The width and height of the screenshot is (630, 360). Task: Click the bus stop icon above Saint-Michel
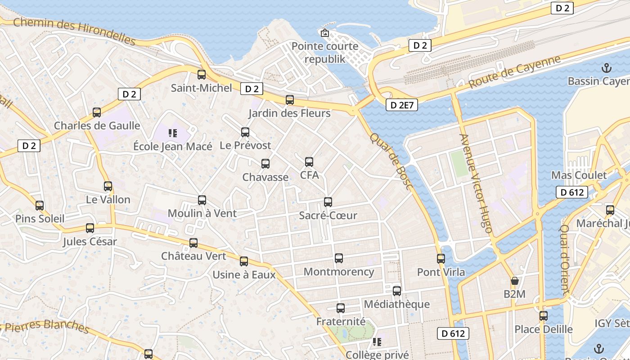click(x=201, y=75)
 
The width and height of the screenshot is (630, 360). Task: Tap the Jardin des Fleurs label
click(x=289, y=113)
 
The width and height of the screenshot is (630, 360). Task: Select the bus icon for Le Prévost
click(x=245, y=132)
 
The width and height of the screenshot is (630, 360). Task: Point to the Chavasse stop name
click(x=265, y=177)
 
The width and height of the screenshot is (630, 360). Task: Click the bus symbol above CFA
click(x=309, y=162)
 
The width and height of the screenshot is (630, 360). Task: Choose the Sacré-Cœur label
click(x=328, y=216)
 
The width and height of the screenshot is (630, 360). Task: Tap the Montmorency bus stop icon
click(x=338, y=258)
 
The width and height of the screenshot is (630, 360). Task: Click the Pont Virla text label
click(x=441, y=272)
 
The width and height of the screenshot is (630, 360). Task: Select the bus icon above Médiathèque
click(x=396, y=291)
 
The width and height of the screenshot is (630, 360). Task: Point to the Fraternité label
click(x=341, y=322)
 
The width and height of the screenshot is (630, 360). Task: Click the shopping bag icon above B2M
click(x=515, y=281)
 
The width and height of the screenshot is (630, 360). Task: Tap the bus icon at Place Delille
click(x=544, y=316)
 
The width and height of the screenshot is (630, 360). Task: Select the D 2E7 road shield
click(x=402, y=105)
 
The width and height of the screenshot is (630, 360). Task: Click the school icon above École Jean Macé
click(x=173, y=133)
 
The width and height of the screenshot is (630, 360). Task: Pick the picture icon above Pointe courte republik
click(x=324, y=33)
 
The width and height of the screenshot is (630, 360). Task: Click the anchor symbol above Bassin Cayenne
click(x=607, y=68)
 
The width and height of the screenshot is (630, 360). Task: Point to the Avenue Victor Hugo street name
click(x=476, y=183)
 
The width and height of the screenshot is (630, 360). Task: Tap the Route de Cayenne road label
click(x=515, y=72)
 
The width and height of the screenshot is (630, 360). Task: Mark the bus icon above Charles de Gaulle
click(x=97, y=112)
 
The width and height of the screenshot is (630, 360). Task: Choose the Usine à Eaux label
click(x=244, y=274)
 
